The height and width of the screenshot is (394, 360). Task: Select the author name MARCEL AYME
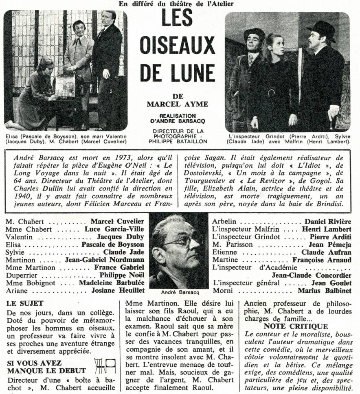(x=177, y=104)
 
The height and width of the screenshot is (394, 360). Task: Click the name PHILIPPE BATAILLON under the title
(x=177, y=141)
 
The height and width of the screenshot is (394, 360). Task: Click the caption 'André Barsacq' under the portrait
(x=178, y=292)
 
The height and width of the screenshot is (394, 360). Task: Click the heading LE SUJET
(x=25, y=303)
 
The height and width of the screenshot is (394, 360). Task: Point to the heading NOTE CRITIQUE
(x=295, y=326)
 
